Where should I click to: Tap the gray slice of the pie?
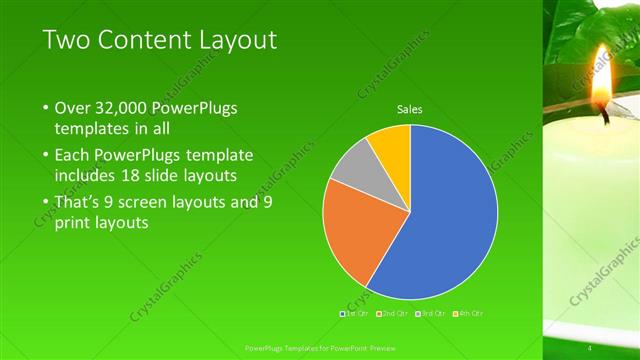[353, 167]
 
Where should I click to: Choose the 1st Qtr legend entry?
[356, 314]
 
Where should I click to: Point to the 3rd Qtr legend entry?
[432, 314]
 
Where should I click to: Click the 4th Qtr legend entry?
[469, 314]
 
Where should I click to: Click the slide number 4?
[590, 347]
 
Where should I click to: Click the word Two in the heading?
[66, 40]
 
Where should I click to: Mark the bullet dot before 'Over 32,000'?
[47, 108]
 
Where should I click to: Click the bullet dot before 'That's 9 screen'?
[47, 202]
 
